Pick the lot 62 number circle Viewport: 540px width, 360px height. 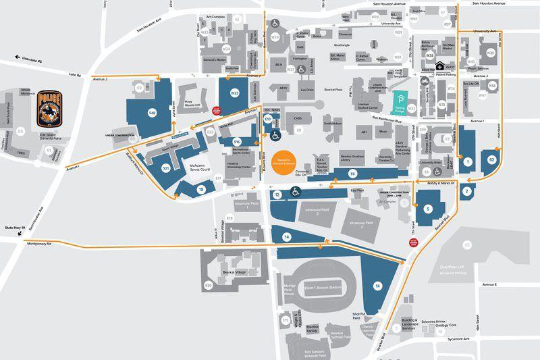[x=492, y=159]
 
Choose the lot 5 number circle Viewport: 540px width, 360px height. [x=428, y=209]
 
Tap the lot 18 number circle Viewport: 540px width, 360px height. [x=200, y=190]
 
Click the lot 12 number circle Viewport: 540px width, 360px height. [x=277, y=194]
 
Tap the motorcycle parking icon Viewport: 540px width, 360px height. [x=425, y=81]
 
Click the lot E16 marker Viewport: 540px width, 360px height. [x=236, y=141]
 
